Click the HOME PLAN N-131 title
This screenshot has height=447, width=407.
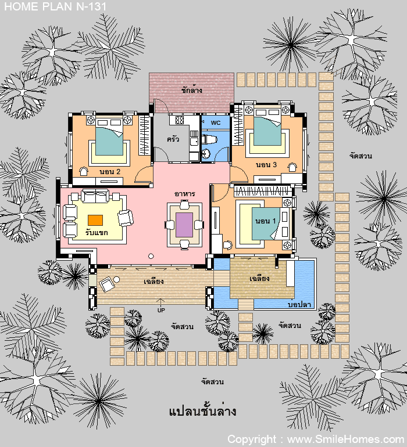[x=55, y=6]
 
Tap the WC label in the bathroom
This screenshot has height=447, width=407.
[x=216, y=123]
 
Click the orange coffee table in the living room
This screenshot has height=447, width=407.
[x=95, y=220]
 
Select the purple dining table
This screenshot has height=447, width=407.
[x=184, y=225]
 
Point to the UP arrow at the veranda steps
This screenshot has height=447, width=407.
[x=161, y=302]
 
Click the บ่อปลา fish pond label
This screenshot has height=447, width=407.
[x=299, y=304]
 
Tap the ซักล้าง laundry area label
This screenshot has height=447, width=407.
[x=192, y=90]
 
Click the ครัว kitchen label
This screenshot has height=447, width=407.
[x=173, y=139]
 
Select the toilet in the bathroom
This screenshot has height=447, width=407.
[x=209, y=139]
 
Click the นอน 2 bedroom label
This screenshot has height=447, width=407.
[x=110, y=172]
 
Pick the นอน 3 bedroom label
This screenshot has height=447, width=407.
[x=266, y=164]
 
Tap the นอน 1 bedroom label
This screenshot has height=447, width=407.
[x=265, y=221]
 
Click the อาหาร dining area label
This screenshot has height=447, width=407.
[x=184, y=194]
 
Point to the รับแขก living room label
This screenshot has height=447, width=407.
[x=97, y=232]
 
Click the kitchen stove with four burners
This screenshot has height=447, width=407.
[x=179, y=120]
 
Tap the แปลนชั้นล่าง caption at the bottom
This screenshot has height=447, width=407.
[x=202, y=411]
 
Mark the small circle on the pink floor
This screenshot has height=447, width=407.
[x=151, y=256]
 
